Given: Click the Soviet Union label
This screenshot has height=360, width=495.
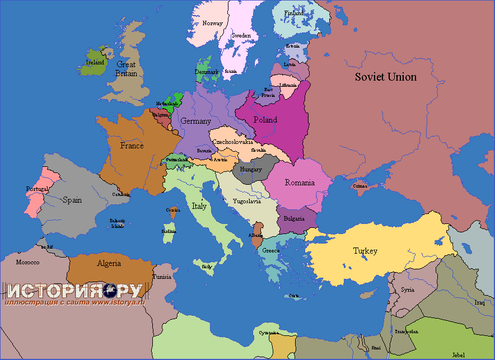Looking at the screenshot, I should (386, 77).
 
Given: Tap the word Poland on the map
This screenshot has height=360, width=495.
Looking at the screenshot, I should (265, 120).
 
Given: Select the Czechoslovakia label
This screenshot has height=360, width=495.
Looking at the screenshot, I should (232, 142).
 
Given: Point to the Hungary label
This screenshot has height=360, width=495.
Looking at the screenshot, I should (251, 169).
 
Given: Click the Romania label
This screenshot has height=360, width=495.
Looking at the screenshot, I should (300, 183).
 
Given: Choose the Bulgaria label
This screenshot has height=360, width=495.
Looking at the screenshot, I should (295, 218).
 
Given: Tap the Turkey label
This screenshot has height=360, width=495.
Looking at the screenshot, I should (365, 251).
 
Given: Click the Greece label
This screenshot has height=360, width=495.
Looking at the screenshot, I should (271, 250).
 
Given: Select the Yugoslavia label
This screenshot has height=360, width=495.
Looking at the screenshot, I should (246, 200).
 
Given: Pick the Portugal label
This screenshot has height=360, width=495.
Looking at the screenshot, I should (37, 189).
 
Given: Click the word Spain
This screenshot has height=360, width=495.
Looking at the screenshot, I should (72, 200).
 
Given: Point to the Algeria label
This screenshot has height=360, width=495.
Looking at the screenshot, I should (109, 263).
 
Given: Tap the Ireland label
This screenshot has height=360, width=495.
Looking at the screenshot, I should (95, 62).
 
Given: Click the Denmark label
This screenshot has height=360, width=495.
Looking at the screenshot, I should (207, 72).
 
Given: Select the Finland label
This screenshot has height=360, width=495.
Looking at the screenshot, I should (294, 13).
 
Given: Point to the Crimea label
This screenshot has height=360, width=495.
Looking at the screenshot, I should (360, 186).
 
